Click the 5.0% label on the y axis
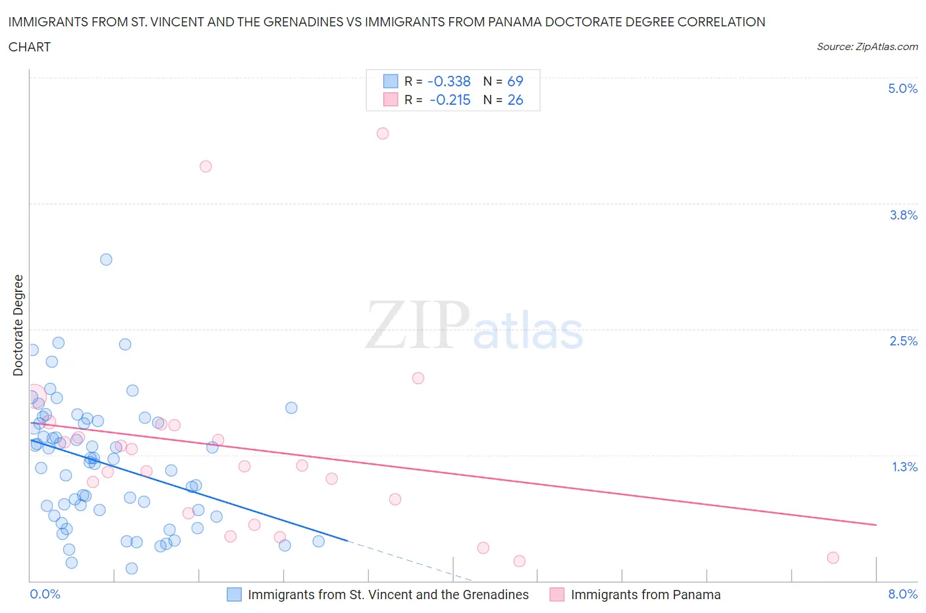(902, 88)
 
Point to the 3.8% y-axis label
(903, 215)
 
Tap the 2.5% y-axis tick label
(903, 341)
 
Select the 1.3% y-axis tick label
(904, 467)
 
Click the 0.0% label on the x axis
(45, 594)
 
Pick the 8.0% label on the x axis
(902, 594)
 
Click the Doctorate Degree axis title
(18, 325)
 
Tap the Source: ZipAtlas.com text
(867, 47)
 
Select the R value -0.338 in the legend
(449, 81)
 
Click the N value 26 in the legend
(515, 100)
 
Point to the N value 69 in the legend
(515, 81)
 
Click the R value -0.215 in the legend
(450, 100)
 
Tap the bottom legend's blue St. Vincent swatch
(234, 595)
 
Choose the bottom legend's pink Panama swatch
(557, 595)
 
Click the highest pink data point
(383, 133)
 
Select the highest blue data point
(106, 259)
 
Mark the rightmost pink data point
(832, 558)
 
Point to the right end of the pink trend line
(876, 525)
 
